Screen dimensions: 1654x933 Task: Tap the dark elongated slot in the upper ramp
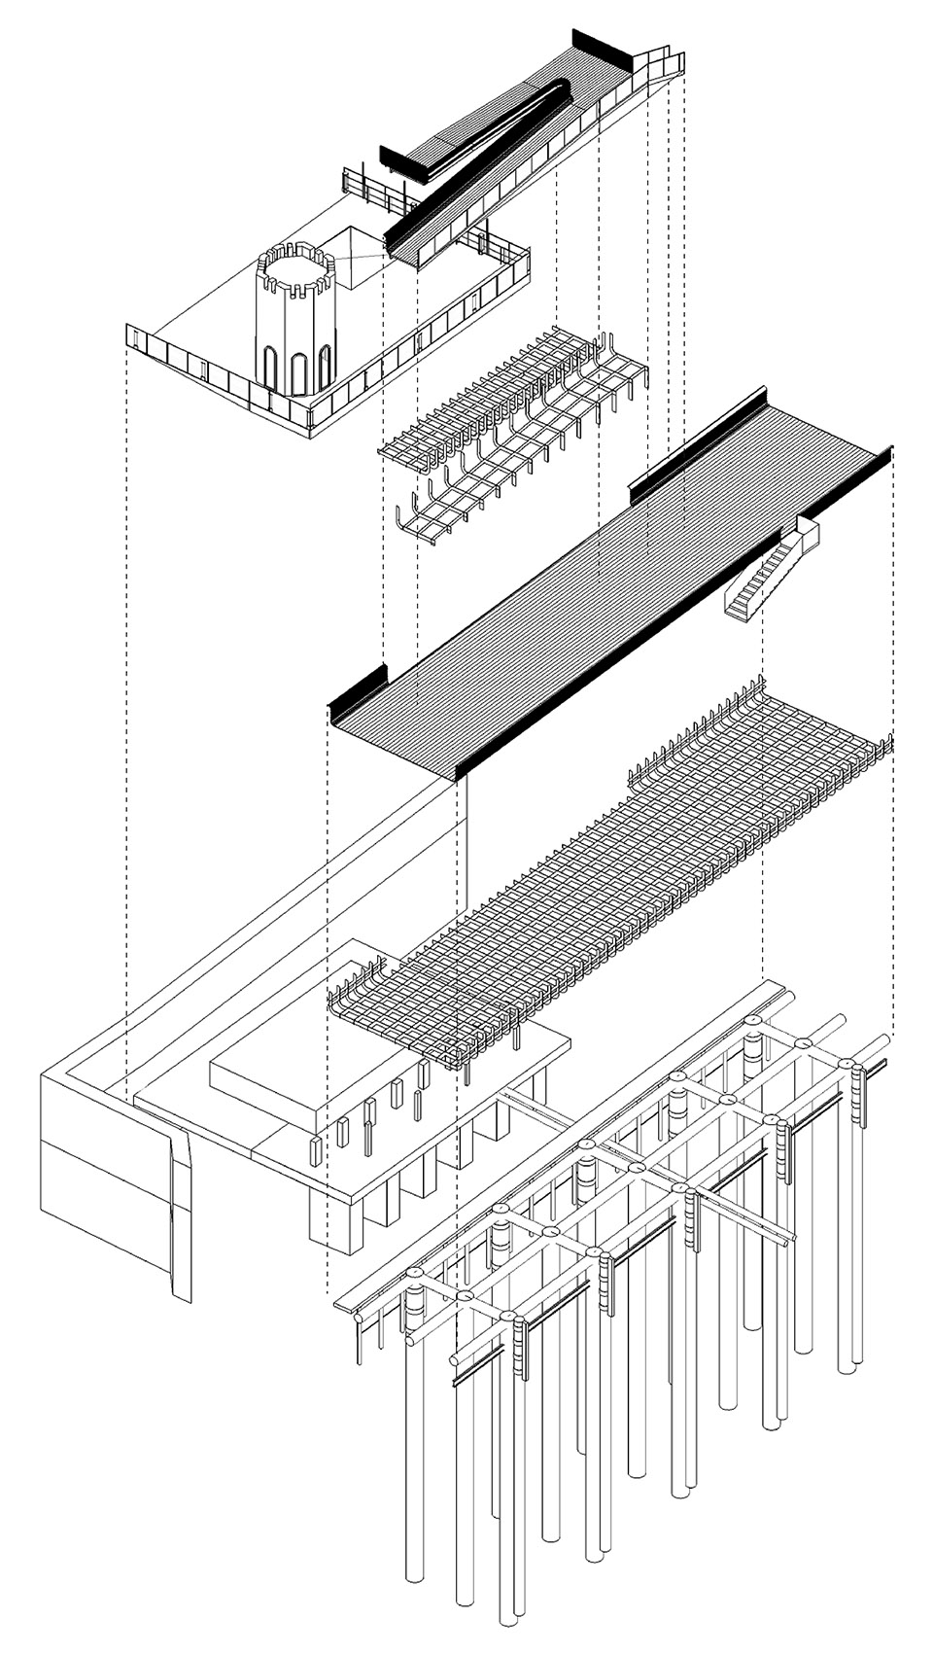(505, 127)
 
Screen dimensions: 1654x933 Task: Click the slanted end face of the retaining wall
(180, 1215)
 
